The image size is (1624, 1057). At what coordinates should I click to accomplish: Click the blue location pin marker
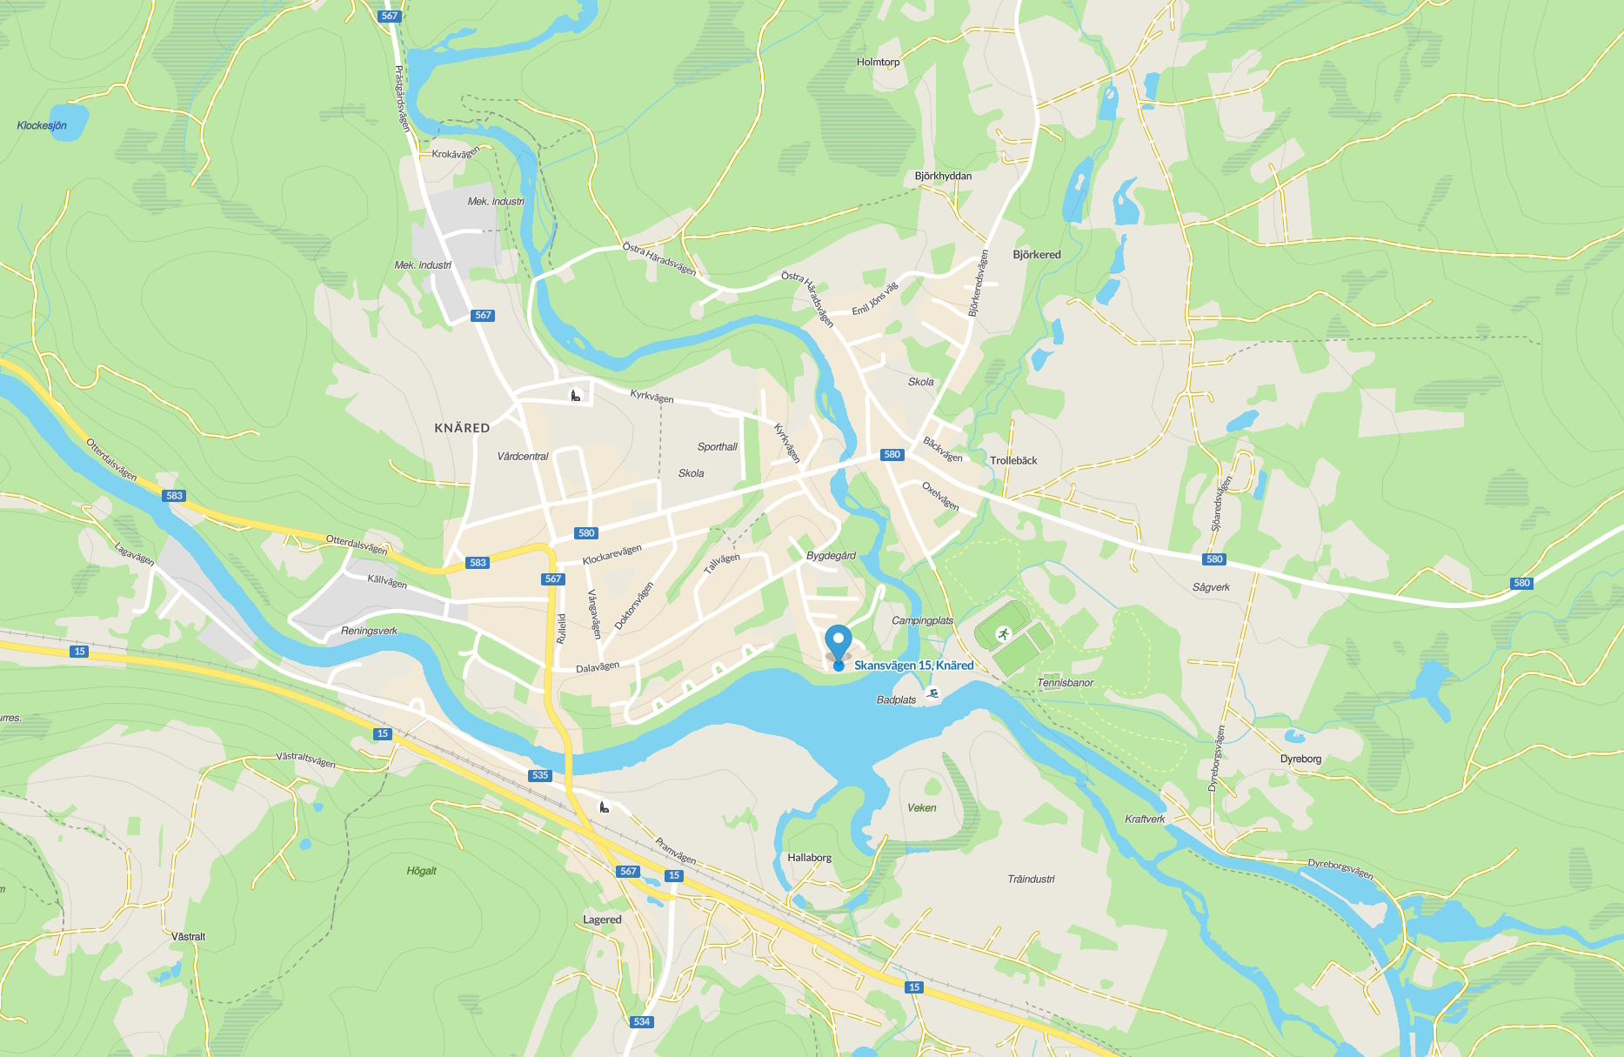coord(839,642)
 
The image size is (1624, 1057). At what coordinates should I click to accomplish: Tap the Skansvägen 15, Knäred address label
coord(913,666)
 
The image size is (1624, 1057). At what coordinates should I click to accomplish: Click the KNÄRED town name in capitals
coord(462,428)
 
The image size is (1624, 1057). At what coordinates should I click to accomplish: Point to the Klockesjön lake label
coord(42,125)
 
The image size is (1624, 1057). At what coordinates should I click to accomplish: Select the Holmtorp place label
coord(878,62)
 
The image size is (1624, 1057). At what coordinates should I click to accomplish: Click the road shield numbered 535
coord(540,775)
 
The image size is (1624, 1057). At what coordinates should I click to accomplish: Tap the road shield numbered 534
coord(641,1021)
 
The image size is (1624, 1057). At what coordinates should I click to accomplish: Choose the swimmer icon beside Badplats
coord(932,693)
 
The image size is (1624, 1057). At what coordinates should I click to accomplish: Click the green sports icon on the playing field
coord(1003,633)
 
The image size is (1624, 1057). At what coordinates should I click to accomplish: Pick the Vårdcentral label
coord(523,456)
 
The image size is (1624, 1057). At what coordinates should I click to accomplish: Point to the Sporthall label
coord(717,446)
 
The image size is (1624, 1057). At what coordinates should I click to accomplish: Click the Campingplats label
coord(922,620)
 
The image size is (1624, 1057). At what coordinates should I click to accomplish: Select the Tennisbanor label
coord(1065,683)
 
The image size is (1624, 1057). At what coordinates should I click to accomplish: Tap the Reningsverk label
coord(369,631)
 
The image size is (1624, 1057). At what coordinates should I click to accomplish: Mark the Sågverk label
coord(1211,587)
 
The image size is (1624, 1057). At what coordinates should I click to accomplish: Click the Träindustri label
coord(1031,879)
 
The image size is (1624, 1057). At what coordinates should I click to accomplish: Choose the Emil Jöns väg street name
coord(874,299)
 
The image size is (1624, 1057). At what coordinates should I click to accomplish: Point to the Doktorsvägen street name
coord(633,606)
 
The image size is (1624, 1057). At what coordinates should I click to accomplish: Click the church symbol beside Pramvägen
coord(604,807)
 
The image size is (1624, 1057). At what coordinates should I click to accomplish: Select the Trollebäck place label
coord(1013,460)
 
